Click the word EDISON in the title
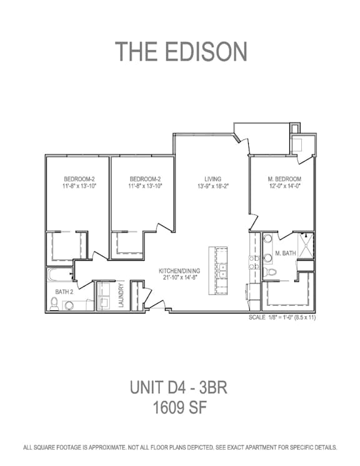click(x=206, y=51)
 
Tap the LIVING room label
click(x=212, y=180)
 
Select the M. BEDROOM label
click(x=284, y=180)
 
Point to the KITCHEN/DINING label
click(x=179, y=271)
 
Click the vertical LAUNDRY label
click(x=121, y=295)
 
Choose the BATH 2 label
click(x=64, y=292)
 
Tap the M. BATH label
click(x=286, y=253)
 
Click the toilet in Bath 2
click(x=54, y=304)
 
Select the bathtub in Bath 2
click(x=60, y=275)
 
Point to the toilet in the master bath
click(x=269, y=271)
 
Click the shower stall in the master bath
click(x=306, y=246)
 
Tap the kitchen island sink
click(x=221, y=270)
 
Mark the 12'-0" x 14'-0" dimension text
click(x=284, y=186)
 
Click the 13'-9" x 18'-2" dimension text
click(x=212, y=186)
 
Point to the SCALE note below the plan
click(x=282, y=317)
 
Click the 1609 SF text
click(x=179, y=407)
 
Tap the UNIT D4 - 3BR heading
click(x=179, y=387)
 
